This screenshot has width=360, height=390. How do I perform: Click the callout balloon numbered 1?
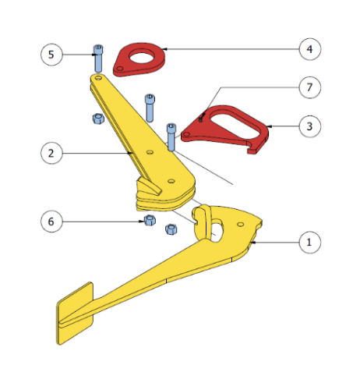309,243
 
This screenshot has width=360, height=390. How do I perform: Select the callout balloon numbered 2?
51,153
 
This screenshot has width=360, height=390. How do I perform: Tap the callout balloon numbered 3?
309,126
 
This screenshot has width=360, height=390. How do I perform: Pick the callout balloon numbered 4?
309,49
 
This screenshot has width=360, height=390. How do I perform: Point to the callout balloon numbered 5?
51,55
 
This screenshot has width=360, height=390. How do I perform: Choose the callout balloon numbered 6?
51,222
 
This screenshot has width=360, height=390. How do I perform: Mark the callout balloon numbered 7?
309,87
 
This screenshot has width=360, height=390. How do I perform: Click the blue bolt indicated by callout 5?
98,58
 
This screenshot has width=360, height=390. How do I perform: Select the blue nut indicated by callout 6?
150,221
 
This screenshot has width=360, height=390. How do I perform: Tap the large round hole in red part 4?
142,57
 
